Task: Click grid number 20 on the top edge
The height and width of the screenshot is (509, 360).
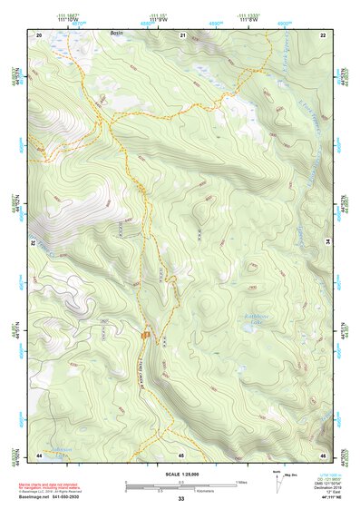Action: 39,34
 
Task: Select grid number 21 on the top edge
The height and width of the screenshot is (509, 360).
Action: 182,34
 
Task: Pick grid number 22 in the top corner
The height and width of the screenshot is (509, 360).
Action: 323,34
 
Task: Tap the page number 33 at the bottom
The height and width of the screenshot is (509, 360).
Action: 180,499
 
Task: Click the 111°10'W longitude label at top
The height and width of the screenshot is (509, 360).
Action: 66,18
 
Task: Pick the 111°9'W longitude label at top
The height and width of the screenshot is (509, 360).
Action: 158,18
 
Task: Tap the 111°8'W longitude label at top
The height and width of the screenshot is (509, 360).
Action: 249,18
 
